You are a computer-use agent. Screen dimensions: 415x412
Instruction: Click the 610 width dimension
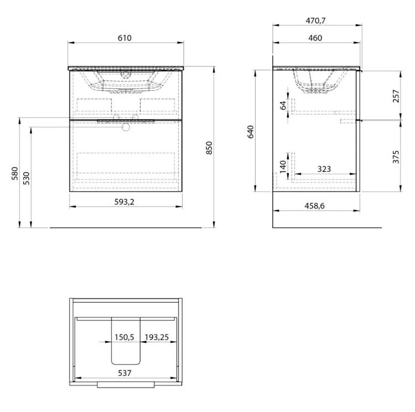pyautogui.click(x=124, y=38)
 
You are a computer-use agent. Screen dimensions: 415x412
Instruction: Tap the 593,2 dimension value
pyautogui.click(x=124, y=202)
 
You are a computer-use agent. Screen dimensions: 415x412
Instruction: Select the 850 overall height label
pyautogui.click(x=209, y=148)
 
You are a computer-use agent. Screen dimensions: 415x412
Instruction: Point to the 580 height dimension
pyautogui.click(x=15, y=174)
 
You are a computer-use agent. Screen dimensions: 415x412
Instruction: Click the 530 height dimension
pyautogui.click(x=27, y=178)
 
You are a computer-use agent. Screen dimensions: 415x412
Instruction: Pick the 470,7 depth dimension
pyautogui.click(x=315, y=20)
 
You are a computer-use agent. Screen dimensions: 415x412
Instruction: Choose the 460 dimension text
pyautogui.click(x=315, y=38)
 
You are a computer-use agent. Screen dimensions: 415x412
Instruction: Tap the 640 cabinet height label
pyautogui.click(x=250, y=132)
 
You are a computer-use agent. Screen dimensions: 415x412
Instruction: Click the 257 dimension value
pyautogui.click(x=396, y=96)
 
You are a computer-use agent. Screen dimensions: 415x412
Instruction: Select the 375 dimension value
pyautogui.click(x=396, y=157)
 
